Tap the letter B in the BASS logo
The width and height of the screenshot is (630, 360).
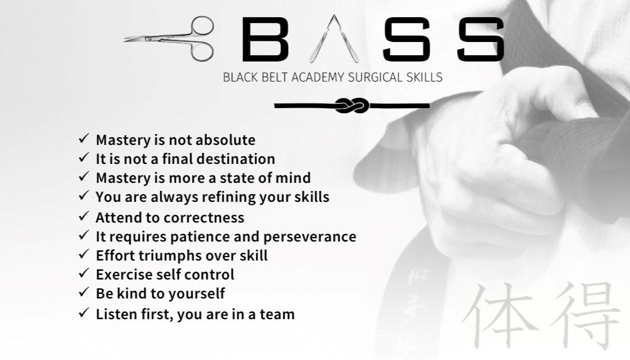point(265,39)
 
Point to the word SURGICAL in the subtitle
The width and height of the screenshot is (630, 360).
point(376,77)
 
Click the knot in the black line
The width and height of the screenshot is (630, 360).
point(352,106)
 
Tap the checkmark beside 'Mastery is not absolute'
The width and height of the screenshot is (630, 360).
point(83,139)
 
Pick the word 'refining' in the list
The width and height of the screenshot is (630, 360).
point(229,197)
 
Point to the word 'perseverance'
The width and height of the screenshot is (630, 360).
point(310,237)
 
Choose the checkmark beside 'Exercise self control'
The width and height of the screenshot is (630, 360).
point(83,273)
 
